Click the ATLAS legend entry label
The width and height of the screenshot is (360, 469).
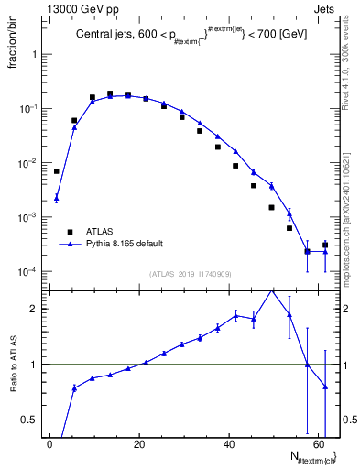[100, 233]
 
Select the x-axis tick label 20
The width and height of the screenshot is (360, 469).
[138, 442]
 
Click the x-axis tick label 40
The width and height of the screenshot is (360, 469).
[228, 442]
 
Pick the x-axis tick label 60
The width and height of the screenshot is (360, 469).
[318, 442]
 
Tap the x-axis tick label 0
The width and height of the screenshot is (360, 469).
[49, 442]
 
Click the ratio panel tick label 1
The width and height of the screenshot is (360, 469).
[35, 365]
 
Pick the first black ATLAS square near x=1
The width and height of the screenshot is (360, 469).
[57, 171]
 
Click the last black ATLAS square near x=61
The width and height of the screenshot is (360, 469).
[325, 245]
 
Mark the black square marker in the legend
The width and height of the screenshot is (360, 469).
[70, 233]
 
